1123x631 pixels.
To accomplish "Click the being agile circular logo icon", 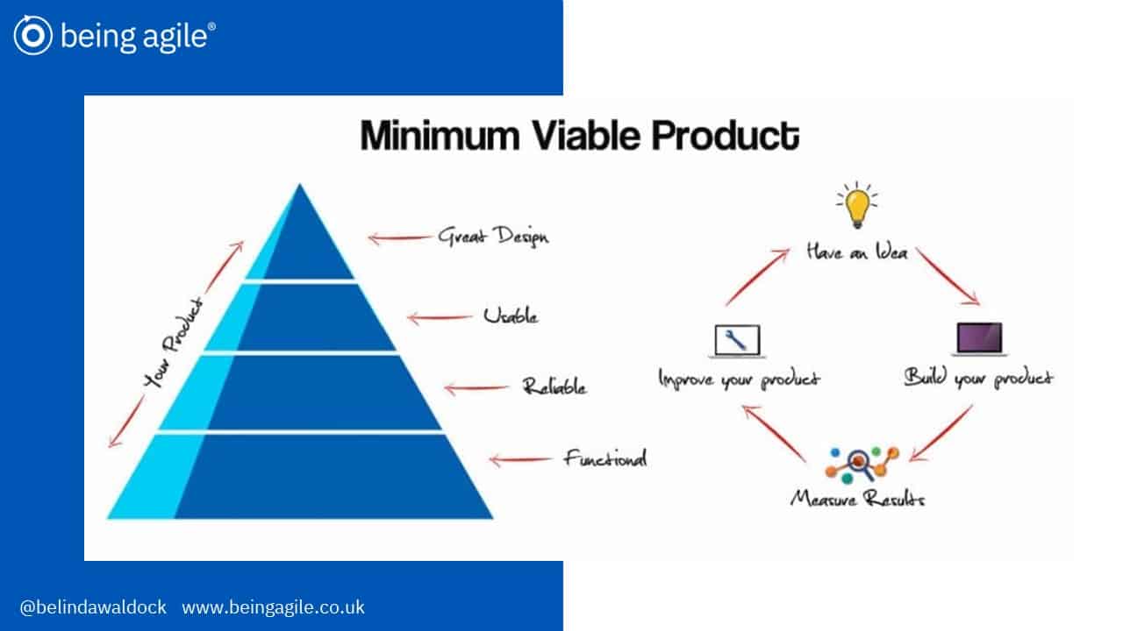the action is [x=33, y=35].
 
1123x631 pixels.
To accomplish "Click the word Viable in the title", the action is [x=585, y=136].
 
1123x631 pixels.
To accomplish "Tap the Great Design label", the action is [x=493, y=237].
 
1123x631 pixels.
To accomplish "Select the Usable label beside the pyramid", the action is [x=511, y=315].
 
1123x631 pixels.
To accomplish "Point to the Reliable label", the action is [x=554, y=386].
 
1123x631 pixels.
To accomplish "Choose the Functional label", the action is [x=605, y=457].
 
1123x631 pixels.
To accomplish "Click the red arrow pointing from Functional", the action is [x=520, y=460].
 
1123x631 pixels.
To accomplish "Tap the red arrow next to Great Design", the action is [x=399, y=238].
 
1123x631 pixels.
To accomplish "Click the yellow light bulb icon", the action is [x=857, y=205].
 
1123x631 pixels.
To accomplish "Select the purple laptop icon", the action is [x=980, y=339].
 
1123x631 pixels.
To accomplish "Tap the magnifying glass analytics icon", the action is [x=862, y=465].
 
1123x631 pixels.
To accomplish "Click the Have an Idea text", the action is [x=857, y=252].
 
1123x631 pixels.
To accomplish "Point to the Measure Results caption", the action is [x=858, y=499].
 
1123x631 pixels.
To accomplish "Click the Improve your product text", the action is [x=739, y=379].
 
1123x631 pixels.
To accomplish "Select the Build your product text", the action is [x=978, y=378].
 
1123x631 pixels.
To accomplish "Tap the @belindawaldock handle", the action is [x=93, y=607].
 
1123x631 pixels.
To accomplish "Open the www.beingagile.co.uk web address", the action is [x=273, y=607].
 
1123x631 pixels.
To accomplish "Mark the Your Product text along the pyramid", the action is [x=174, y=343].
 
